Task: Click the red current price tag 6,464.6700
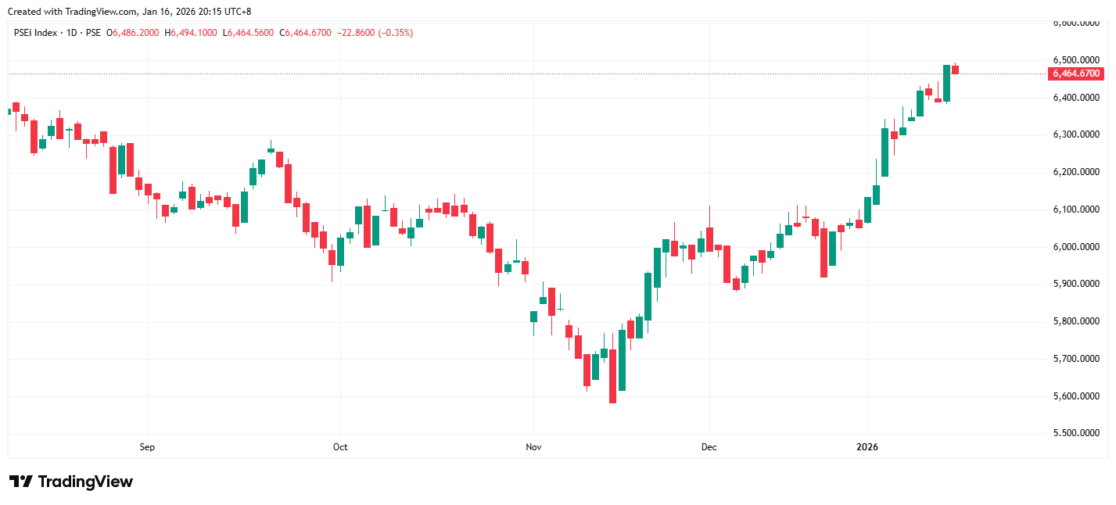(x=1076, y=73)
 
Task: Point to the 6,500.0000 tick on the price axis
(x=1076, y=60)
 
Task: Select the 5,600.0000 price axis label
(x=1076, y=396)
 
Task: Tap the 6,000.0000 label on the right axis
(x=1076, y=247)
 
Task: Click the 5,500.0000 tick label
(x=1076, y=433)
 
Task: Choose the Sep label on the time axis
(x=147, y=447)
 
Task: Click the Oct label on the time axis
(x=340, y=447)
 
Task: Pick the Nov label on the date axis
(x=534, y=447)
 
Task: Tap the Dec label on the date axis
(x=709, y=447)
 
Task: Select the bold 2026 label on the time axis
(x=867, y=447)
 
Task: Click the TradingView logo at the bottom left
(x=70, y=482)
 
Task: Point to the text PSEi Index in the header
(x=36, y=33)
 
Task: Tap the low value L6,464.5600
(x=249, y=33)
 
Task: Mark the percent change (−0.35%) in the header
(x=395, y=33)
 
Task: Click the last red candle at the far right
(x=955, y=70)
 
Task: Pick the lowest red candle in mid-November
(x=612, y=376)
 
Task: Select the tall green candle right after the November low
(x=622, y=360)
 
